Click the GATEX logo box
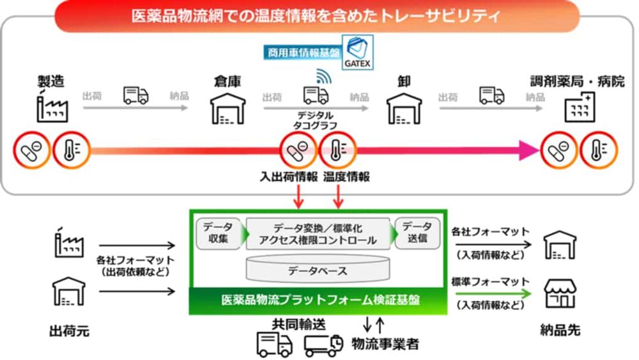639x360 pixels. coord(357,52)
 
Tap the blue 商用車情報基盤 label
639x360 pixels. coord(303,52)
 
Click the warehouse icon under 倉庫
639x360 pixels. coord(228,109)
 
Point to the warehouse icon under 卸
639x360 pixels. coord(404,109)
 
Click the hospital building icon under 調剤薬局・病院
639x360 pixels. coord(580,107)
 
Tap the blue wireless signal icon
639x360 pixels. coord(324,76)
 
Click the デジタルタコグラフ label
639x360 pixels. coord(315,120)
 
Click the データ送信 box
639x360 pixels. coord(417,233)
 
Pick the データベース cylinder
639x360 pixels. coord(318,269)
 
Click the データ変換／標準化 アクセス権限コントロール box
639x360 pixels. coord(318,233)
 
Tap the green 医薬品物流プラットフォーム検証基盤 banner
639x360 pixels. coord(318,301)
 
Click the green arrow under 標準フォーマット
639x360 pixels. coord(493,293)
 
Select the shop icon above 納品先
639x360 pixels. coord(560,293)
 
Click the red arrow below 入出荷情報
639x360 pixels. coord(298,196)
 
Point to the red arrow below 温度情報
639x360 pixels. coord(338,196)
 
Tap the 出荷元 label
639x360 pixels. coord(69,331)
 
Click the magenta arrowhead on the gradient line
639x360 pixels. coord(529,150)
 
